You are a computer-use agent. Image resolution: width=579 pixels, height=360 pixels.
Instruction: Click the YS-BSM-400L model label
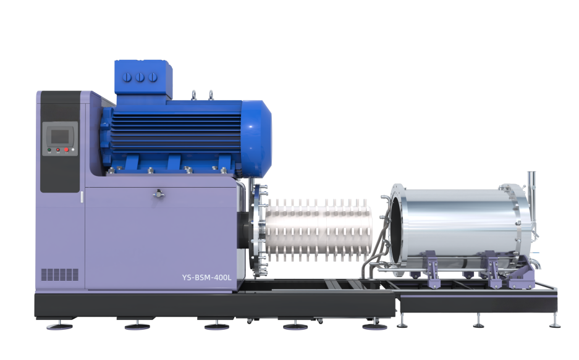207,277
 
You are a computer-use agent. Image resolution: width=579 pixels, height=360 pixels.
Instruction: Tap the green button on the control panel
49,150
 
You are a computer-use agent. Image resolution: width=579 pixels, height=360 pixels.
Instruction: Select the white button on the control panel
73,150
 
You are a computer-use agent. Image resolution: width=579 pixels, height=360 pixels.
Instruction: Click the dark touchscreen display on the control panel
60,136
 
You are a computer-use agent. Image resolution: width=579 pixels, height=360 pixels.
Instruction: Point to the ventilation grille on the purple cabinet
60,274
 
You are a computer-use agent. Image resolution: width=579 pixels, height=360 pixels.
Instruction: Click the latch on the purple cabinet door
159,193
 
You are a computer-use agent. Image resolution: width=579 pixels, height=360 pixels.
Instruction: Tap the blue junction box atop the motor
143,79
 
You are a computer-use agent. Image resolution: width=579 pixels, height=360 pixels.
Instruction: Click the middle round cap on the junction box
140,77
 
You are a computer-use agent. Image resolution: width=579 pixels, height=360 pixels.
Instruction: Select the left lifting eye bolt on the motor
193,95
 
